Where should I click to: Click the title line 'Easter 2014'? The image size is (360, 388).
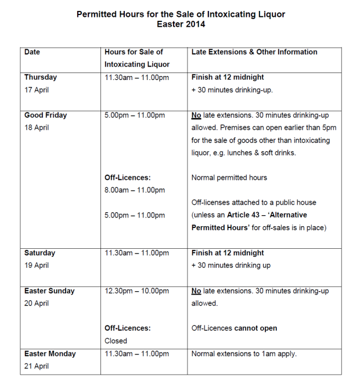tap(181, 24)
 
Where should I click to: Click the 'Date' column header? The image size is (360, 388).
tap(32, 52)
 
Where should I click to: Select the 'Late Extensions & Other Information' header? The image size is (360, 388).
tap(254, 52)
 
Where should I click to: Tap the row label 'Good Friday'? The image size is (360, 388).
tap(45, 115)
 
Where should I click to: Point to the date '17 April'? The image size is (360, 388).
tap(37, 90)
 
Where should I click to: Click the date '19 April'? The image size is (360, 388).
tap(37, 266)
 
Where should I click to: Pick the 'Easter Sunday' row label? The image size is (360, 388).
tap(49, 291)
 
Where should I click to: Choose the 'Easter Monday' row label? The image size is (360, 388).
tap(50, 354)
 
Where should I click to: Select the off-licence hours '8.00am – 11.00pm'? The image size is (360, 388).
tap(135, 190)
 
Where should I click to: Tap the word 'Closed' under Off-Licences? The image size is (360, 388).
tap(116, 341)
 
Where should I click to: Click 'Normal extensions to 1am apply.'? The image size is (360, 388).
tap(244, 354)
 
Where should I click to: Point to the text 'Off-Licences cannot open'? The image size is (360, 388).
tap(234, 328)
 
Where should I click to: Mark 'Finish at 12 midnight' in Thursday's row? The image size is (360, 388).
tap(228, 77)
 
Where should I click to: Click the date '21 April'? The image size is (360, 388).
tap(37, 367)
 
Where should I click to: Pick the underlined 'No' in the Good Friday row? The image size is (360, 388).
tap(196, 115)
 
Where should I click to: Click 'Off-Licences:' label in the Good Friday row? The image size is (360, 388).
tap(127, 177)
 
